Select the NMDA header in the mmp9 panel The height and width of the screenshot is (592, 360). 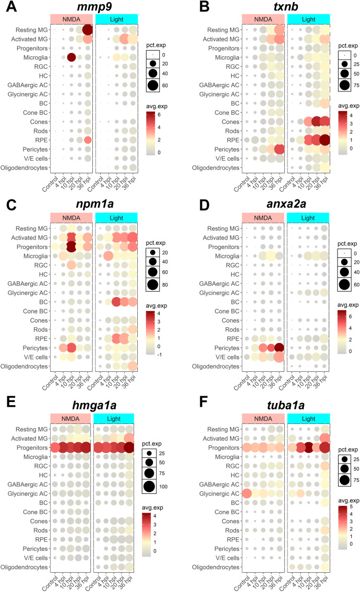coord(71,19)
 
